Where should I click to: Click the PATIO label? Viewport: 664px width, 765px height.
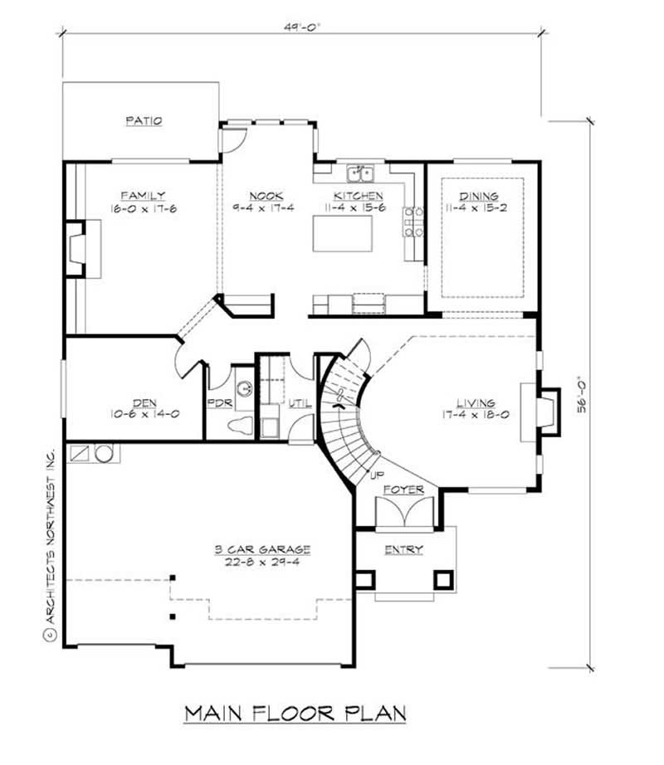(x=144, y=120)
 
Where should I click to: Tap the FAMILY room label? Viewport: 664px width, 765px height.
(x=143, y=196)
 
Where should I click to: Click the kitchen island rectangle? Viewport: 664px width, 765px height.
(x=341, y=233)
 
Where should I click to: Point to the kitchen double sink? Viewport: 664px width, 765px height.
(x=359, y=173)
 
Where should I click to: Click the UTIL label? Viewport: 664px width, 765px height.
(x=300, y=403)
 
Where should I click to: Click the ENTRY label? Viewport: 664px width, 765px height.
(x=403, y=549)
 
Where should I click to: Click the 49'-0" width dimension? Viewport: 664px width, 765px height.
(x=301, y=26)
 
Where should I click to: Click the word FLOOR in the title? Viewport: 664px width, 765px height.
(x=298, y=713)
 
